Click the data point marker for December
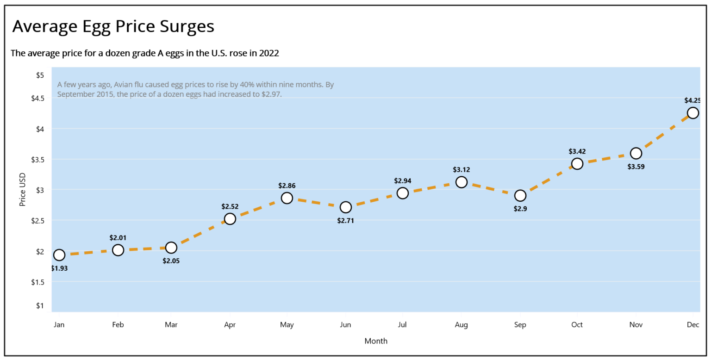coord(692,113)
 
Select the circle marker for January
coord(59,255)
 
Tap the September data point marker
coord(520,196)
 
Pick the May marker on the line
coord(287,198)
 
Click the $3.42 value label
coord(577,151)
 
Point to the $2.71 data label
coord(345,221)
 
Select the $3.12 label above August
coord(461,170)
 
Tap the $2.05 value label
coord(171,261)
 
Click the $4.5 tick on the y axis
coord(37,98)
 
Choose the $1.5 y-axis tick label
coord(37,282)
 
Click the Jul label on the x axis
coord(402,325)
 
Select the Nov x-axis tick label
coord(636,325)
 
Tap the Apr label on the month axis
coord(230,325)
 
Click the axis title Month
coord(376,341)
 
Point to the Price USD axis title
coord(22,190)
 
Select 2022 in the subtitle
coord(269,53)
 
